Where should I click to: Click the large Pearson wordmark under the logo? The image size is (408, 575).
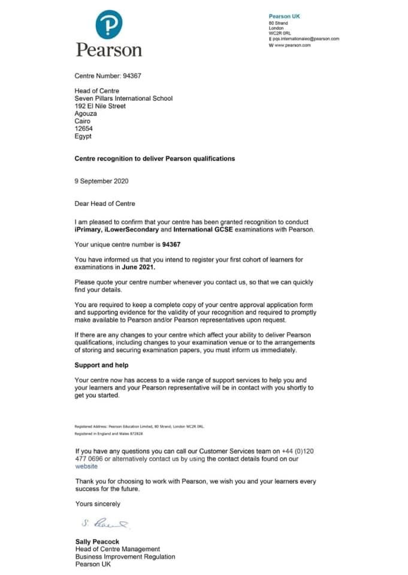click(109, 49)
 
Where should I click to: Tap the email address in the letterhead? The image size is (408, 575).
click(306, 39)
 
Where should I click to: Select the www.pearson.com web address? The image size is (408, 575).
click(292, 45)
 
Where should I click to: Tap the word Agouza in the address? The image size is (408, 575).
click(87, 113)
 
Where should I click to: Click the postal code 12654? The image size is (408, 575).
click(84, 128)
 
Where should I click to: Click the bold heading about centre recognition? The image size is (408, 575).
click(155, 159)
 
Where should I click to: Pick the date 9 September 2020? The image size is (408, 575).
click(101, 181)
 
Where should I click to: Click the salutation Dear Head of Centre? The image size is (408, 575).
click(105, 204)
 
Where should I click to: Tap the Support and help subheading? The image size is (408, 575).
click(101, 365)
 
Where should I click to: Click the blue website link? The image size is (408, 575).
click(86, 466)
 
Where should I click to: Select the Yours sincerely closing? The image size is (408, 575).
click(98, 504)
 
